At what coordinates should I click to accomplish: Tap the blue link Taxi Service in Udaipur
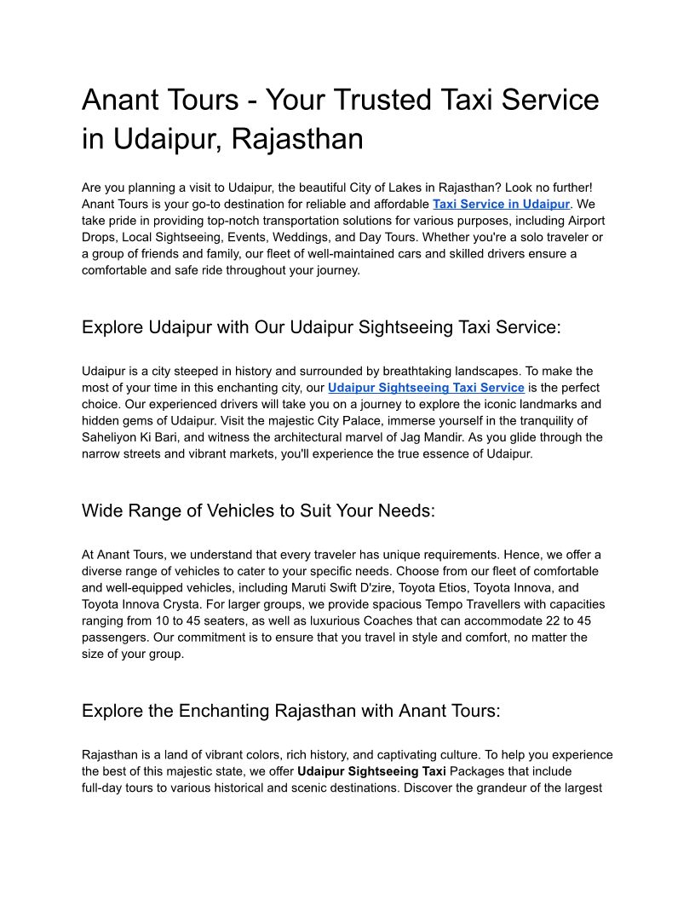pyautogui.click(x=501, y=205)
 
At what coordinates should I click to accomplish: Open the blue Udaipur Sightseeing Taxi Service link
pyautogui.click(x=426, y=388)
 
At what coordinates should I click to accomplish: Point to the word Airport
pyautogui.click(x=585, y=221)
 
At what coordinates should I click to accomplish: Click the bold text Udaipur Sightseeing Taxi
pyautogui.click(x=371, y=771)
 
